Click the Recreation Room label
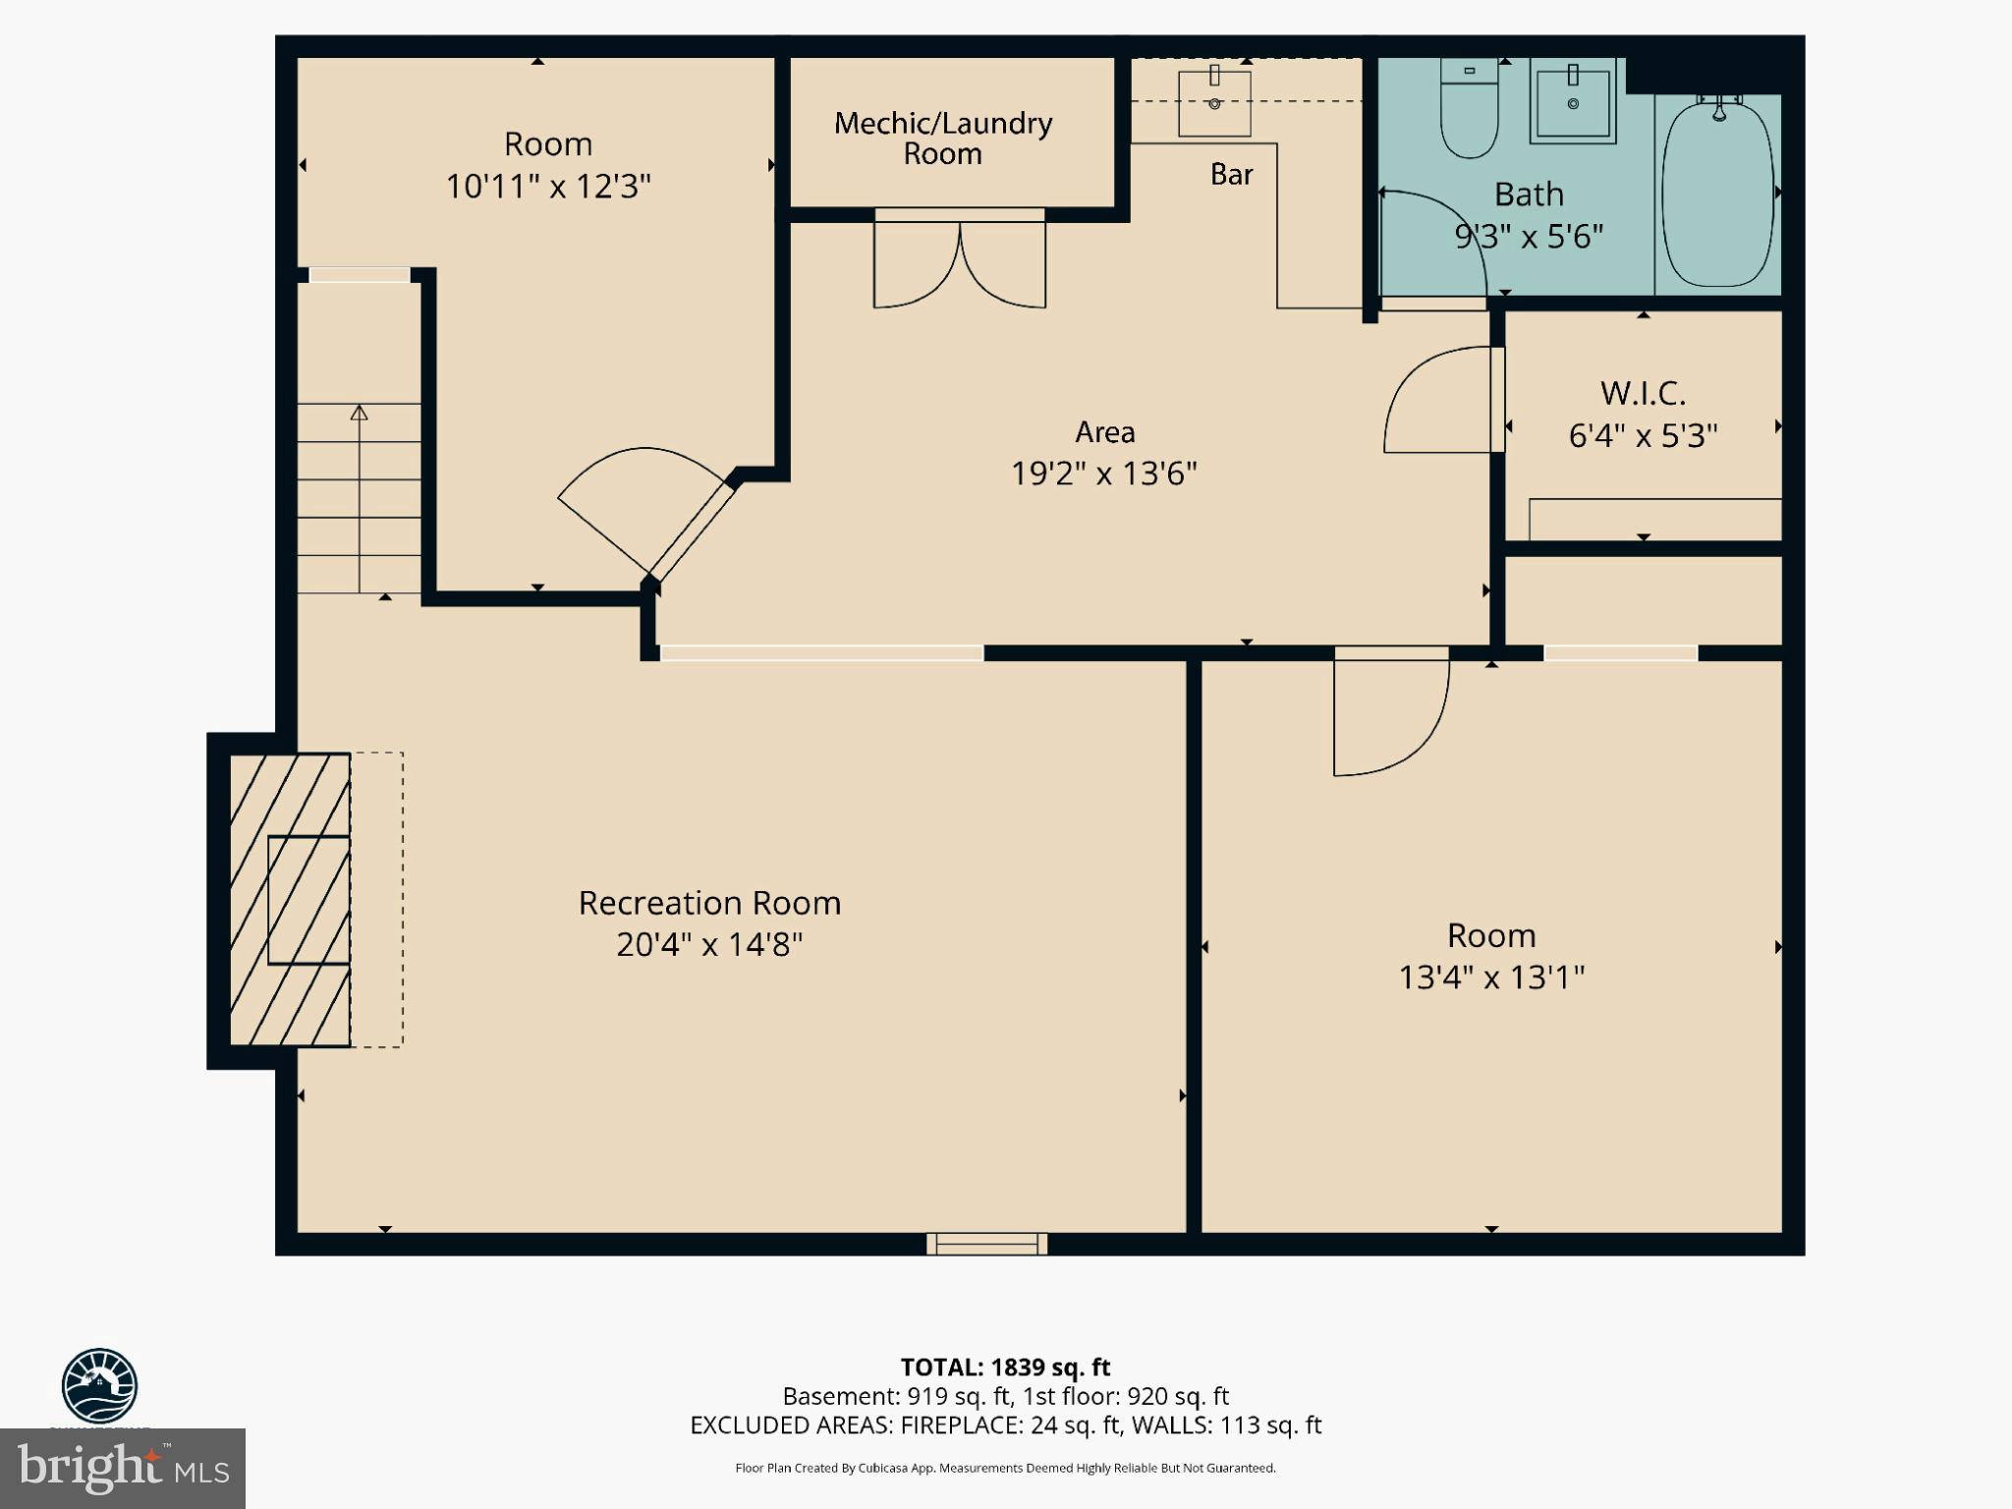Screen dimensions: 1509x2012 709,903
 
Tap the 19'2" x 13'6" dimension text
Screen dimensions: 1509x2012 1104,474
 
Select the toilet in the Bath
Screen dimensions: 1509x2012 1469,110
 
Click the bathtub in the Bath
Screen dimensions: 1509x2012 1718,192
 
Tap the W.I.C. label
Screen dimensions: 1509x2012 1643,393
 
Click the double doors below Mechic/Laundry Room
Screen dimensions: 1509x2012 959,263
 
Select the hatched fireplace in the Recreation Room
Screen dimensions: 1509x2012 290,899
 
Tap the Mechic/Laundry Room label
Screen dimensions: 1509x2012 943,138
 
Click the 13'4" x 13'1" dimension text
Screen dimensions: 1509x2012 1491,978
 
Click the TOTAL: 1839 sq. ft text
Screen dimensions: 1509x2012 1005,1367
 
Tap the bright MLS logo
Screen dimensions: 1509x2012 122,1468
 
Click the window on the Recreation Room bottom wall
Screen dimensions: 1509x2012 986,1244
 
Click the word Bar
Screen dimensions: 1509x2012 1231,174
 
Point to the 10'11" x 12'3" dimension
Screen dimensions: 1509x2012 548,186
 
